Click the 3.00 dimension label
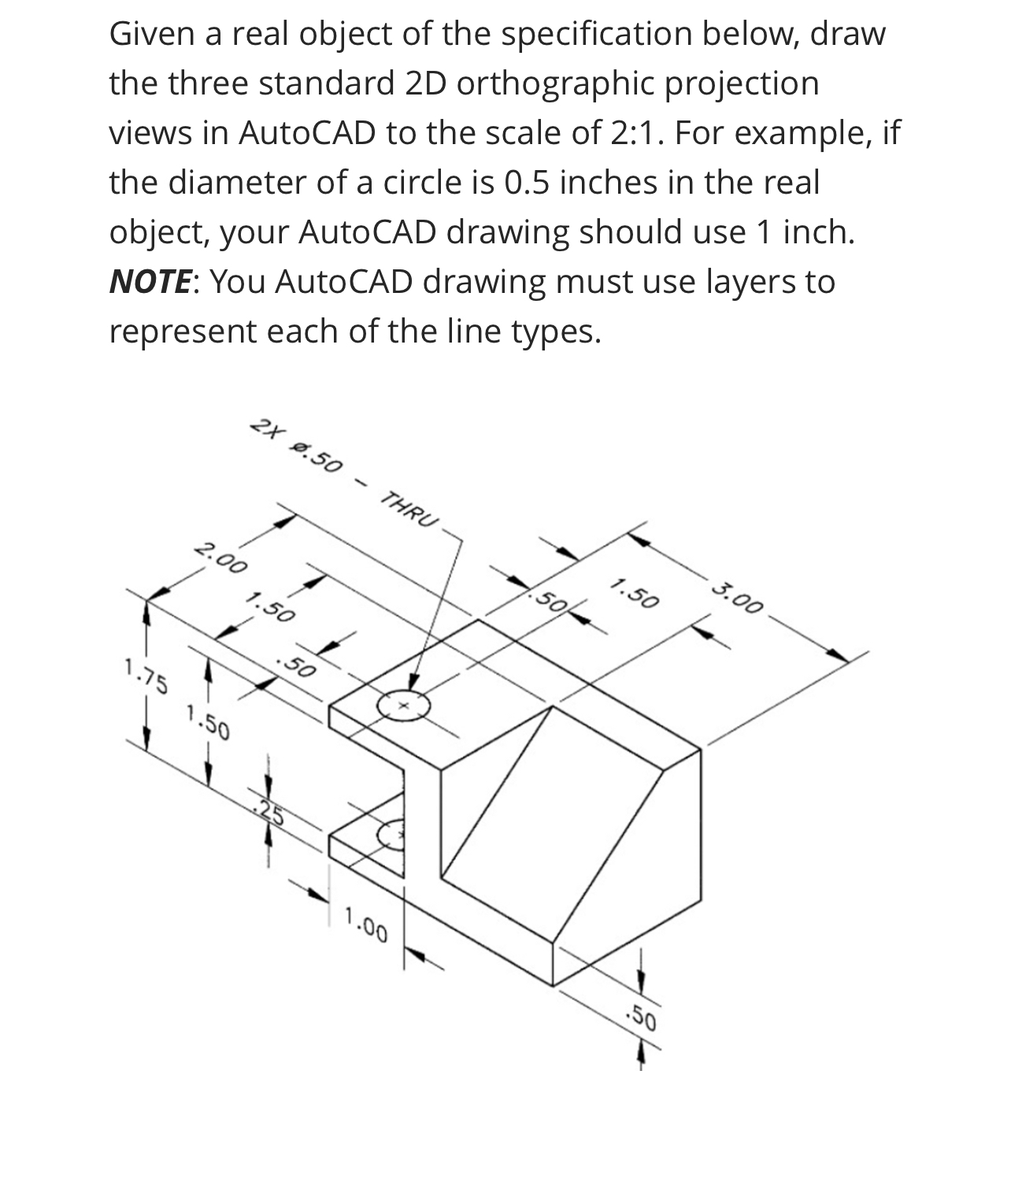pos(739,596)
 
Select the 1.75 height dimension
pos(146,677)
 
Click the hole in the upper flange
pos(403,706)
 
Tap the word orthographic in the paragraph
pos(556,83)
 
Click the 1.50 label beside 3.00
pos(634,594)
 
